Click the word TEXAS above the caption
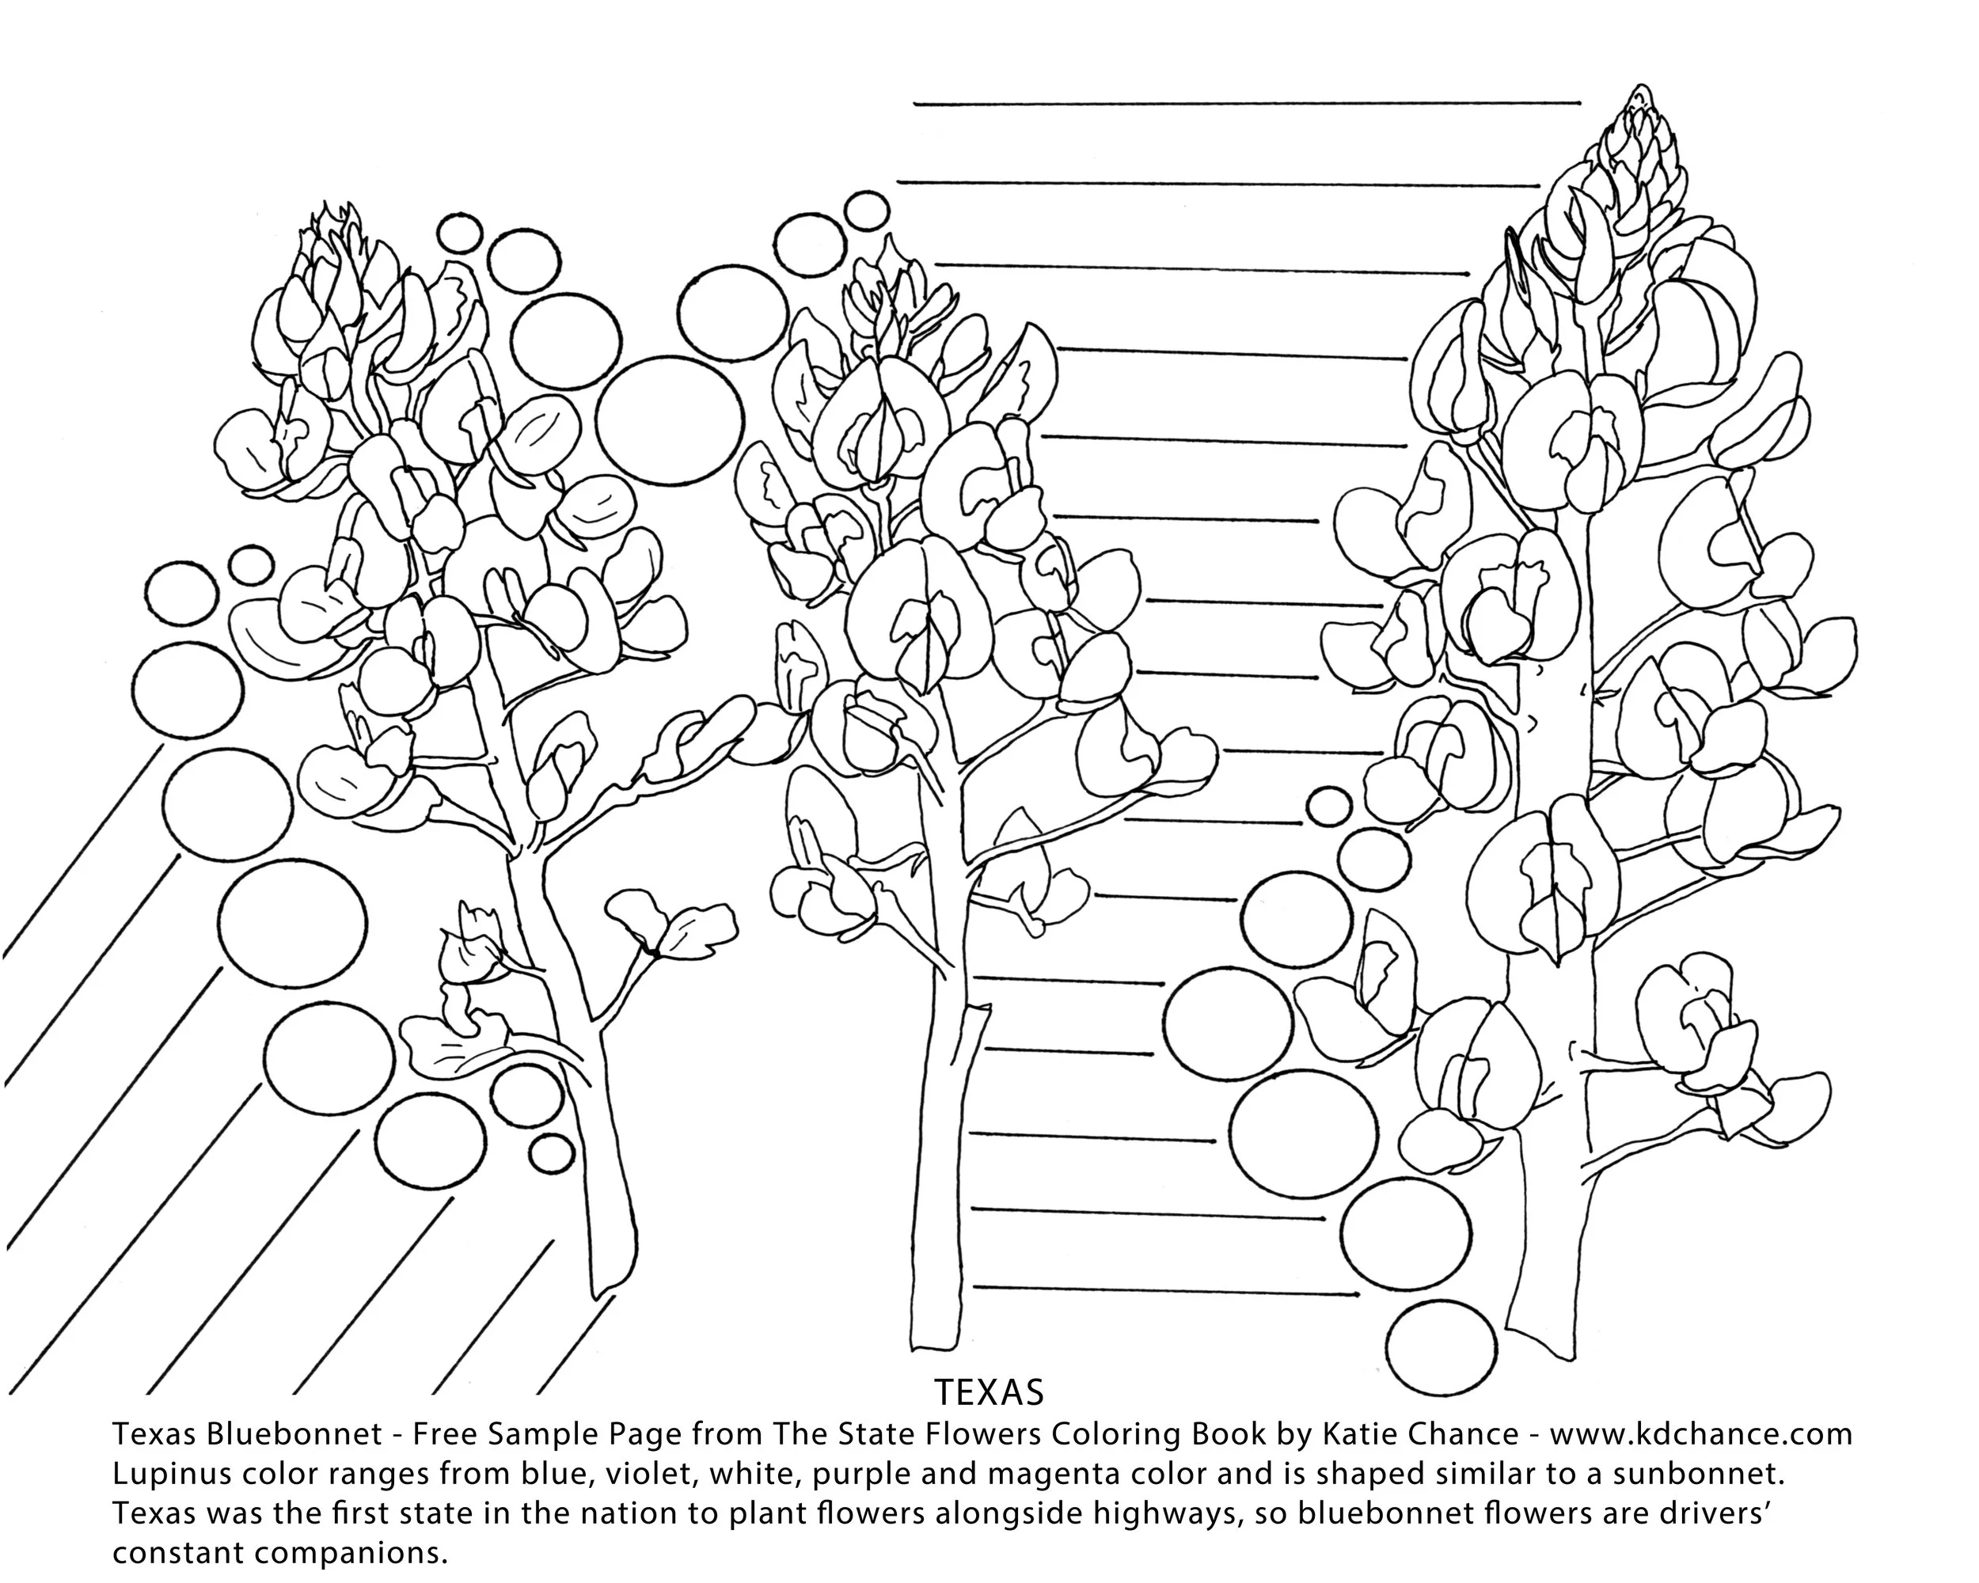pos(989,1392)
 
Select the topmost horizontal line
pos(1247,104)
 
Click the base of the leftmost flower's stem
pos(606,1285)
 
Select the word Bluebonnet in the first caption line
pos(294,1433)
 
